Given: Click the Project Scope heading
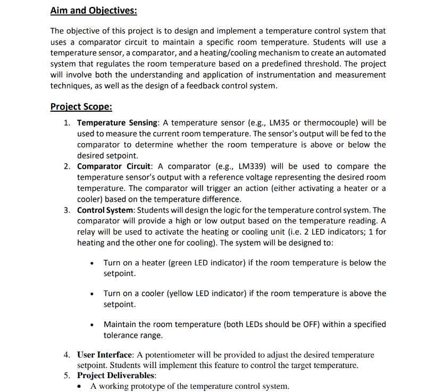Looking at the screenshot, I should (x=81, y=106).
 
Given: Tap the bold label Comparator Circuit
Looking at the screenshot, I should (x=114, y=166).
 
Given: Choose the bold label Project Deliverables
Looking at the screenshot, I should (x=113, y=376).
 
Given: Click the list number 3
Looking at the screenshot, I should (x=66, y=210).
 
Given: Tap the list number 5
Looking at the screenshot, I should (x=66, y=376).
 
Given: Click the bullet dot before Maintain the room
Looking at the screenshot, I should (x=93, y=325).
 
